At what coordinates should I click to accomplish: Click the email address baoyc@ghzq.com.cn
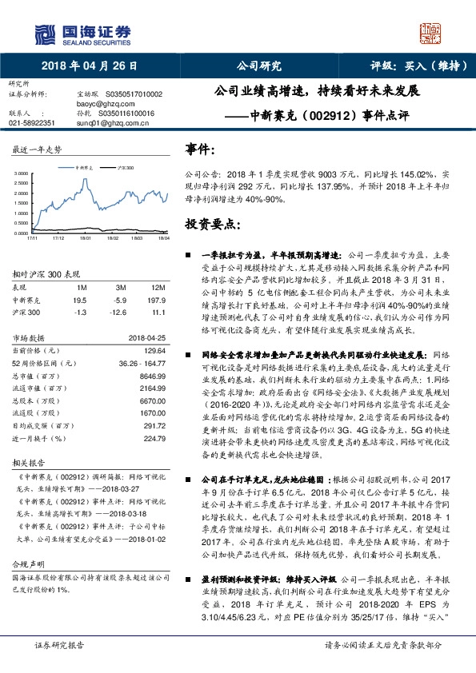(106, 103)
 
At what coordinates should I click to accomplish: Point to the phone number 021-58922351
(32, 123)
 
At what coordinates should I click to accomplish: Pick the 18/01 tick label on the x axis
(86, 238)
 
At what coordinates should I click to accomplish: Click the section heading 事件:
(200, 149)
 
